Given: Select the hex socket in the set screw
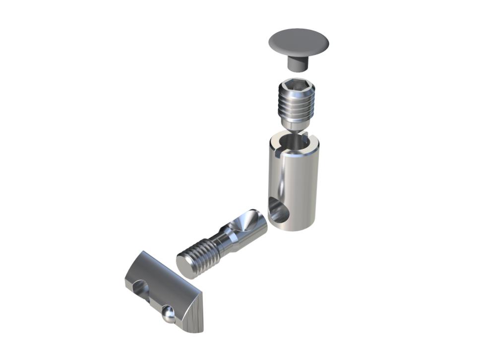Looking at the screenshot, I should [x=297, y=88].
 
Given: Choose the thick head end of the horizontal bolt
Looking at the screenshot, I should [x=248, y=226].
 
